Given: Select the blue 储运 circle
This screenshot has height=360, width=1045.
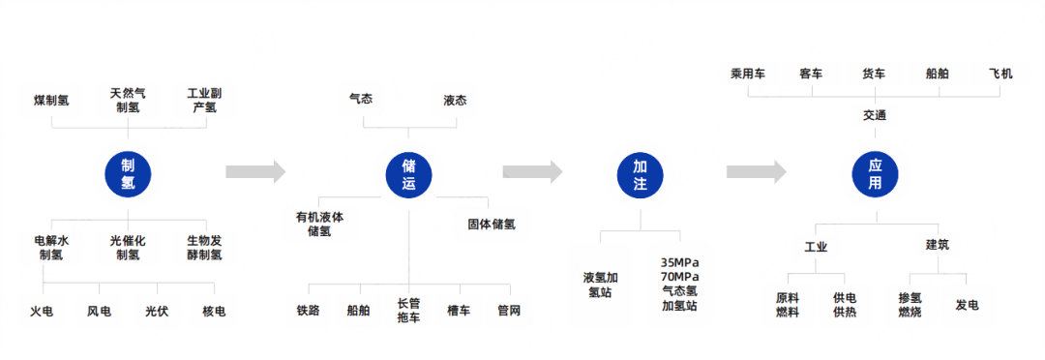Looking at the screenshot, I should point(407,172).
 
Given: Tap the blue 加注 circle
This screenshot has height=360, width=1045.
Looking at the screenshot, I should point(640,172).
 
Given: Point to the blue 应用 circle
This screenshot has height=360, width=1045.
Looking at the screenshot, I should point(874,172).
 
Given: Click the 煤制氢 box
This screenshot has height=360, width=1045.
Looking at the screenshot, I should point(51,100).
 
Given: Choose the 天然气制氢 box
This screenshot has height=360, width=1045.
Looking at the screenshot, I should point(127,100).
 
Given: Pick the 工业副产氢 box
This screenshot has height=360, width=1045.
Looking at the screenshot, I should point(204,100).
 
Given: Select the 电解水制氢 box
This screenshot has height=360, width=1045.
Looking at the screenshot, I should point(51,248).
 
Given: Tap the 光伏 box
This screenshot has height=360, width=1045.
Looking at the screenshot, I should point(157,311).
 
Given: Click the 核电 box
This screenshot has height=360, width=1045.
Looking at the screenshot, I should point(214,311).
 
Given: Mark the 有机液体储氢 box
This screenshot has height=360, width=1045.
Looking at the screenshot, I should point(318,225).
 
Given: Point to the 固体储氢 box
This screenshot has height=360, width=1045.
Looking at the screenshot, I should point(491,225).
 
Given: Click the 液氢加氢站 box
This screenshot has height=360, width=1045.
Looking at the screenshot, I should point(601,283).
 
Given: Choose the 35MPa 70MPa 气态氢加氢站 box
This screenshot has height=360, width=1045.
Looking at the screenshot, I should point(678,283).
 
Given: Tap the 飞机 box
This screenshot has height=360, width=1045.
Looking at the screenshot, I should point(1000,74).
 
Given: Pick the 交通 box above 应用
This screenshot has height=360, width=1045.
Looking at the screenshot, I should point(875,115).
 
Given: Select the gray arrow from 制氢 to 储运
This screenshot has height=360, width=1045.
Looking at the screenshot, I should point(254,172).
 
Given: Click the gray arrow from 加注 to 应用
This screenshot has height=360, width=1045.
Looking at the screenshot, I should point(756,172).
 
